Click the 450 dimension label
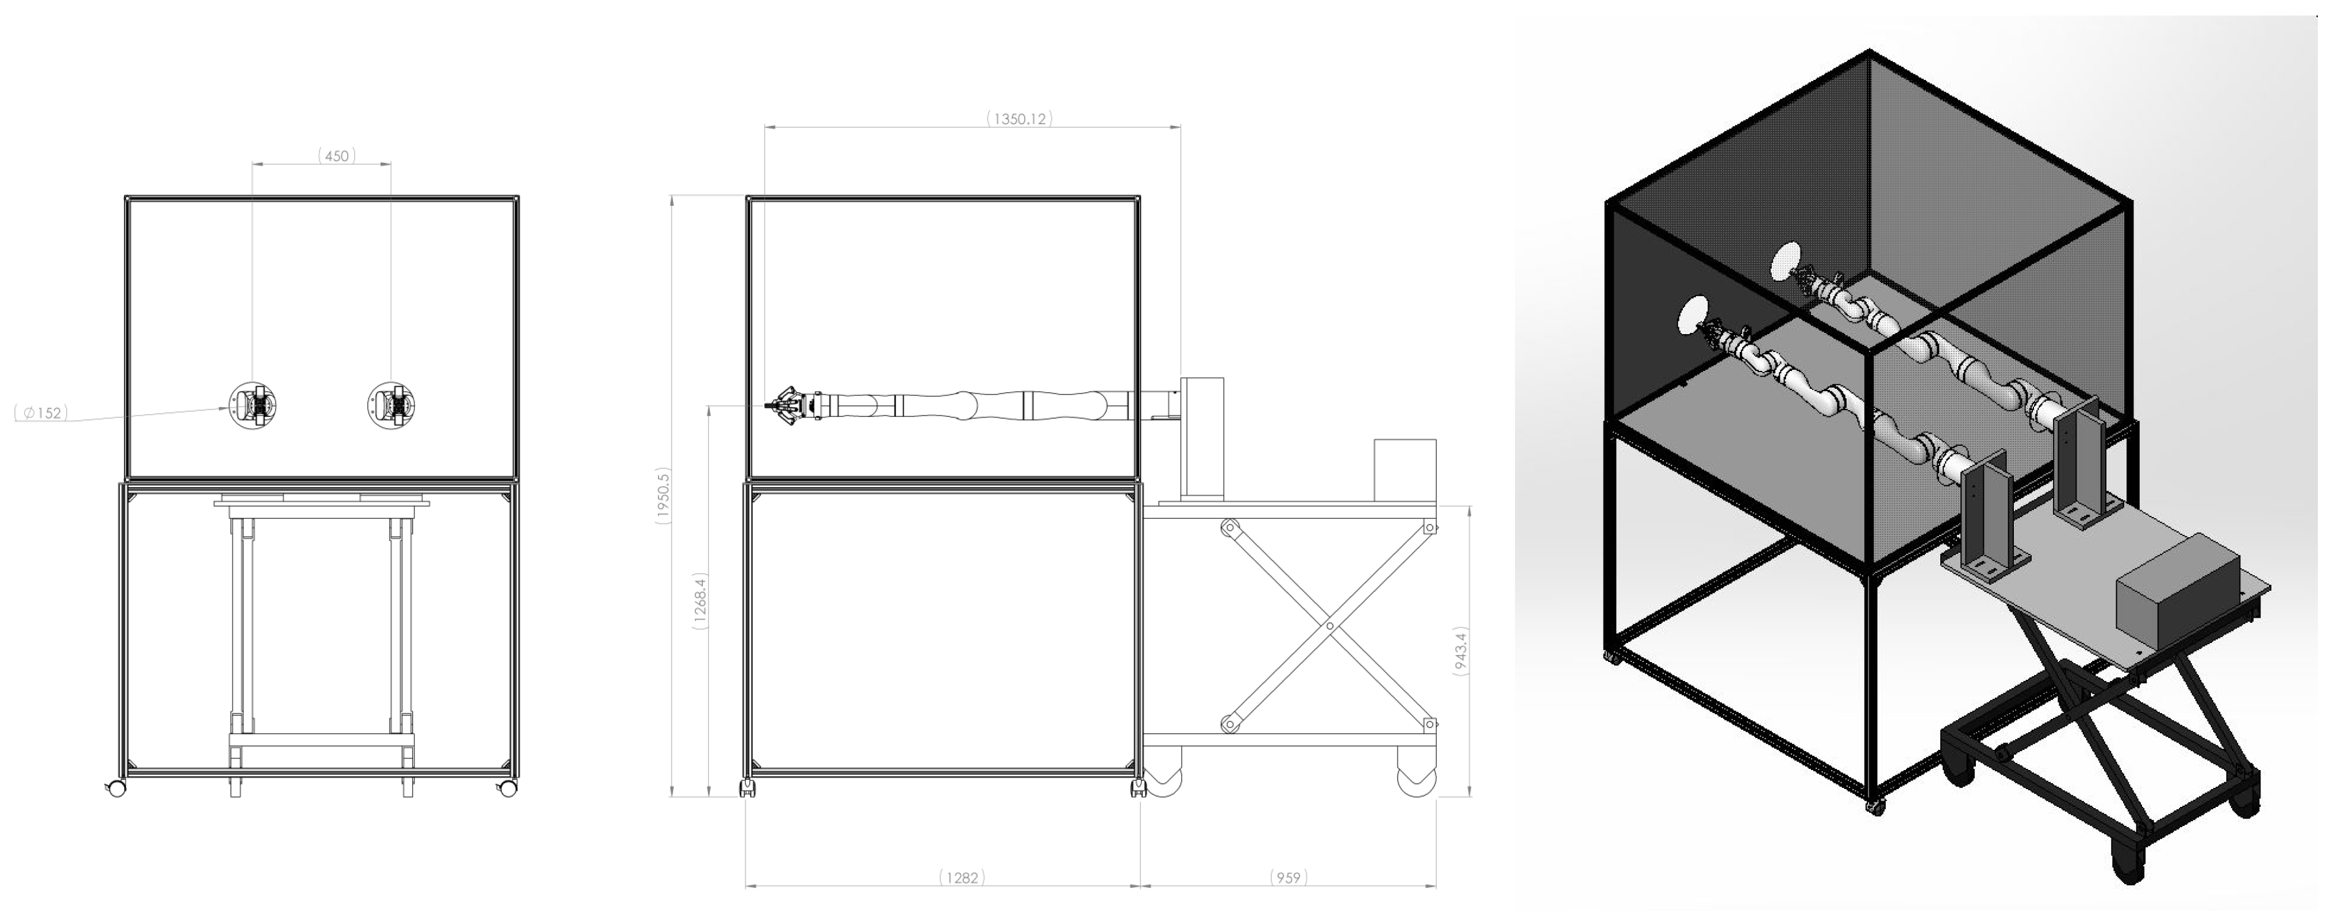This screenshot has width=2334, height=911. (x=336, y=156)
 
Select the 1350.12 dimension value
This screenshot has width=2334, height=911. (x=1020, y=118)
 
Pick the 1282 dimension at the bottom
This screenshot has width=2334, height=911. (x=962, y=878)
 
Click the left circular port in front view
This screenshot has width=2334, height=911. (x=252, y=404)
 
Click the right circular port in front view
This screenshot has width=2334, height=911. (x=391, y=404)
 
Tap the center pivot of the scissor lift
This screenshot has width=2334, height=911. (x=1329, y=626)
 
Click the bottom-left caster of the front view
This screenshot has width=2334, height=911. (x=115, y=788)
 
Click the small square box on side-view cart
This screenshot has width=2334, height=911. (x=1405, y=469)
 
